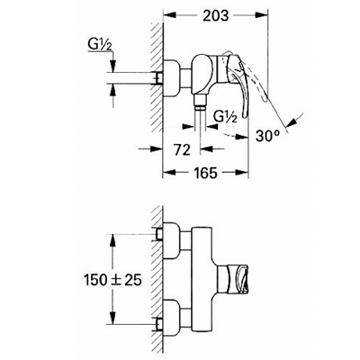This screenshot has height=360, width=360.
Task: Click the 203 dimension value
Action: [x=215, y=15]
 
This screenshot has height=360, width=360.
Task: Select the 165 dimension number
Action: [x=205, y=173]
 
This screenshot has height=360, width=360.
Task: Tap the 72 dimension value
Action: [x=183, y=149]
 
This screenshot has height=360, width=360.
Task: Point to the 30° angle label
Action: [x=268, y=136]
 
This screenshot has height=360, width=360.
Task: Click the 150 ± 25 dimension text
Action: [x=112, y=280]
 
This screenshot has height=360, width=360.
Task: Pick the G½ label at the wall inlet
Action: [x=100, y=46]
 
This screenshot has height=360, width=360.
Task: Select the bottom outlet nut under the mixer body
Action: [x=200, y=102]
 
